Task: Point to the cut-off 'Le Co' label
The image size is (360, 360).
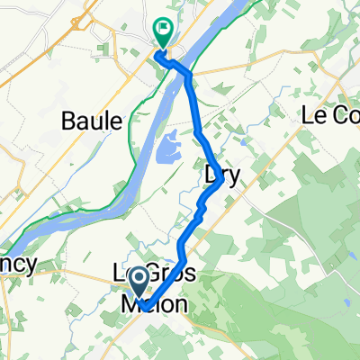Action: point(329,115)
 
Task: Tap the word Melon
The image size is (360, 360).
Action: point(155,306)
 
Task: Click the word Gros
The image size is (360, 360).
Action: point(163,274)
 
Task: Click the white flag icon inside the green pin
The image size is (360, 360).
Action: point(163,29)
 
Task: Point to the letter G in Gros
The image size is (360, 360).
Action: point(140,274)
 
